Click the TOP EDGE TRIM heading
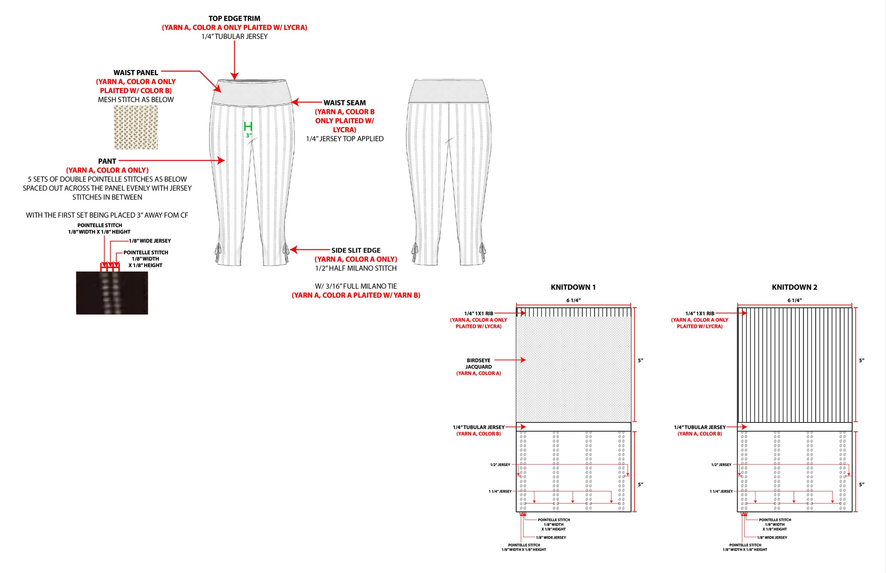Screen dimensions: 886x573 [234, 18]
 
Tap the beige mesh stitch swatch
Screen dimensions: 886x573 [136, 127]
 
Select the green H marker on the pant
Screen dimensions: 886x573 [248, 126]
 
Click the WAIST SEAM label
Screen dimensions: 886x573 [344, 103]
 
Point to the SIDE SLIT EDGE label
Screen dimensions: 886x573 [356, 250]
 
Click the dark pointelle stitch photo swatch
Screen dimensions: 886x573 [112, 293]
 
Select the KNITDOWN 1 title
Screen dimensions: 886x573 [573, 287]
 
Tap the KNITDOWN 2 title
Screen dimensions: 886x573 [794, 287]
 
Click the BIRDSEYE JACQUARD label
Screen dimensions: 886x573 [478, 363]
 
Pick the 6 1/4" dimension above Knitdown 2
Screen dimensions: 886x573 [795, 300]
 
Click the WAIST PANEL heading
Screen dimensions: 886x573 [136, 73]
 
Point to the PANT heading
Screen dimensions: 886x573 [107, 161]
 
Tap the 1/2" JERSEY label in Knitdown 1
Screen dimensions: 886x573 [500, 465]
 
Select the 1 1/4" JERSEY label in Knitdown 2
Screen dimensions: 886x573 [721, 492]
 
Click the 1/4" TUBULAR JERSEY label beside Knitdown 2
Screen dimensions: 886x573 [700, 427]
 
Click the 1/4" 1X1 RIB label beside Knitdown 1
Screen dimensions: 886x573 [478, 314]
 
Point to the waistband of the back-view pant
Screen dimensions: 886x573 [449, 91]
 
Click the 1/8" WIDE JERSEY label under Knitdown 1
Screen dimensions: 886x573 [551, 537]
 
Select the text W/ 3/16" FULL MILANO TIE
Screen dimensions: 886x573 [356, 286]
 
